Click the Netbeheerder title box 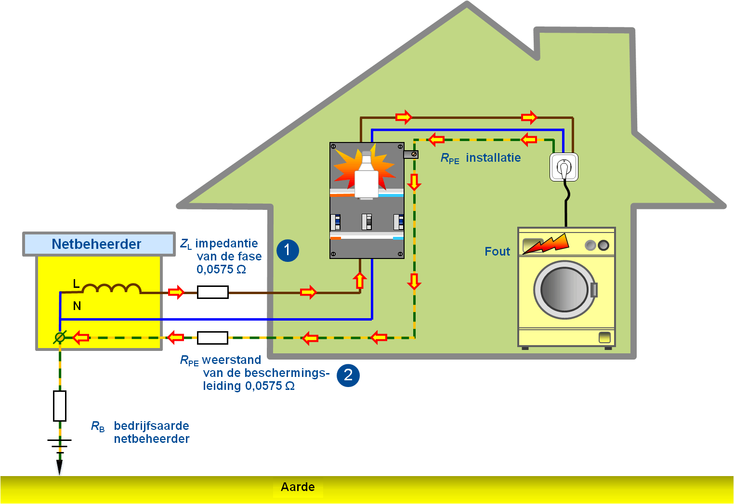pos(98,244)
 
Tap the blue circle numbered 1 pos(288,250)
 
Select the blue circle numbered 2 pos(348,375)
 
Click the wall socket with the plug pos(564,167)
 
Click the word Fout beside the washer pos(497,251)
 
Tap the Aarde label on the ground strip pos(298,487)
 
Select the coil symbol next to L pos(111,289)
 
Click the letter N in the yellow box pos(77,306)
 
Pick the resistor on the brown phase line pos(212,292)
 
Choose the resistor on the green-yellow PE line pos(212,338)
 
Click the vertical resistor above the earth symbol pos(60,406)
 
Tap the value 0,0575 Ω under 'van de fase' pos(221,270)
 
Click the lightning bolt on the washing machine pos(546,244)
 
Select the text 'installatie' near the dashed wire pos(493,158)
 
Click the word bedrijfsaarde pos(151,426)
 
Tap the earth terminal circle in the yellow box pos(60,337)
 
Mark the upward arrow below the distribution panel pos(359,280)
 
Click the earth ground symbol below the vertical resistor pos(59,445)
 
